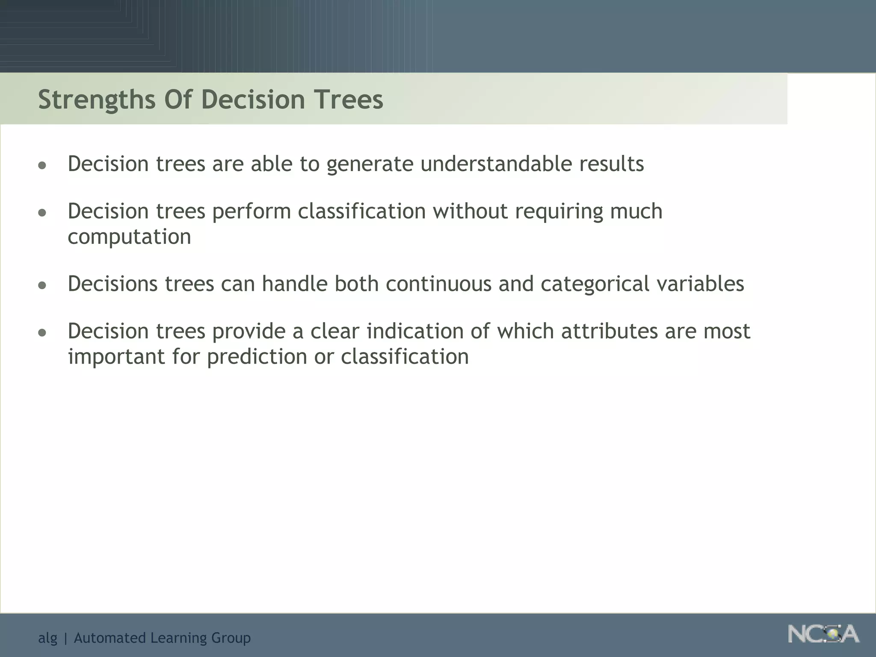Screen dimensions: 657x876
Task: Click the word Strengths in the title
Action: click(x=97, y=100)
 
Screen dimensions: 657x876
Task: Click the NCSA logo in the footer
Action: click(x=823, y=634)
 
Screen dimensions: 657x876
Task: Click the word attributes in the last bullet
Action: click(x=609, y=331)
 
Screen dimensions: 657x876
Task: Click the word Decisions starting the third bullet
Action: click(x=112, y=284)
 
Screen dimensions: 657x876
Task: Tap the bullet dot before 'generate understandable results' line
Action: click(x=42, y=166)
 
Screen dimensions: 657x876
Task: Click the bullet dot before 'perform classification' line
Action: click(x=42, y=213)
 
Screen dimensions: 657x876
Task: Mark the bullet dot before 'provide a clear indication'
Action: click(x=42, y=332)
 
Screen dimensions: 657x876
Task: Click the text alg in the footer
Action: click(x=47, y=638)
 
